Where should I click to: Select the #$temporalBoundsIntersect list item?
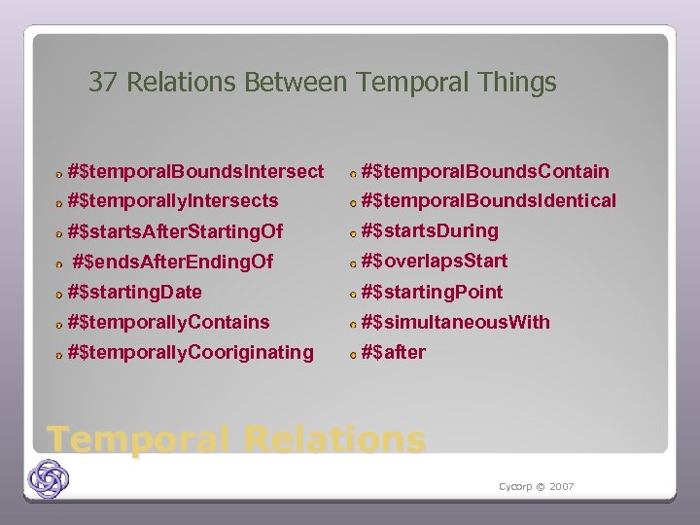click(195, 172)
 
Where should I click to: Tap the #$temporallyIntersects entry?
click(173, 201)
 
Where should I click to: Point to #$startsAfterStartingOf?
click(175, 231)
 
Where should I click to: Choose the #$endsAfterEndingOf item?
click(173, 262)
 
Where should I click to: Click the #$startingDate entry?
click(135, 292)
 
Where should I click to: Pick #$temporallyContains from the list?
click(169, 322)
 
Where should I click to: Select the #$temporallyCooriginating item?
click(191, 352)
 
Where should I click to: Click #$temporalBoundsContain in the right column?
click(484, 172)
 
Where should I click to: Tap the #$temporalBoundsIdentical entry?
click(488, 201)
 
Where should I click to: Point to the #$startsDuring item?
click(429, 231)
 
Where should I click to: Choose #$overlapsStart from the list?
click(434, 262)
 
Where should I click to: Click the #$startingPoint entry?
click(432, 292)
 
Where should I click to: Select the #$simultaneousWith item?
click(455, 322)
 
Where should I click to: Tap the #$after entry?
click(393, 352)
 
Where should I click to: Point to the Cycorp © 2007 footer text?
click(537, 486)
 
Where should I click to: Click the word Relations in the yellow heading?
click(335, 439)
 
